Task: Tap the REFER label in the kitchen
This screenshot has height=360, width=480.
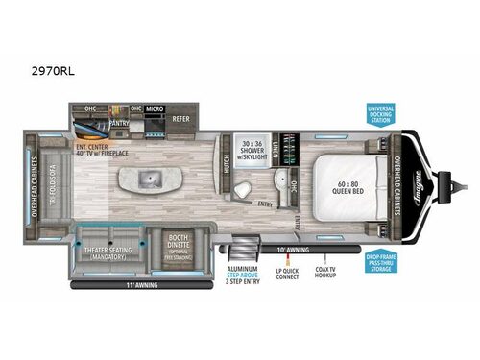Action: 180,119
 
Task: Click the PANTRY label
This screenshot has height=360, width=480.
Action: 119,123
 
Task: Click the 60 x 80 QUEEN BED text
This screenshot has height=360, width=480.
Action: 354,183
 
